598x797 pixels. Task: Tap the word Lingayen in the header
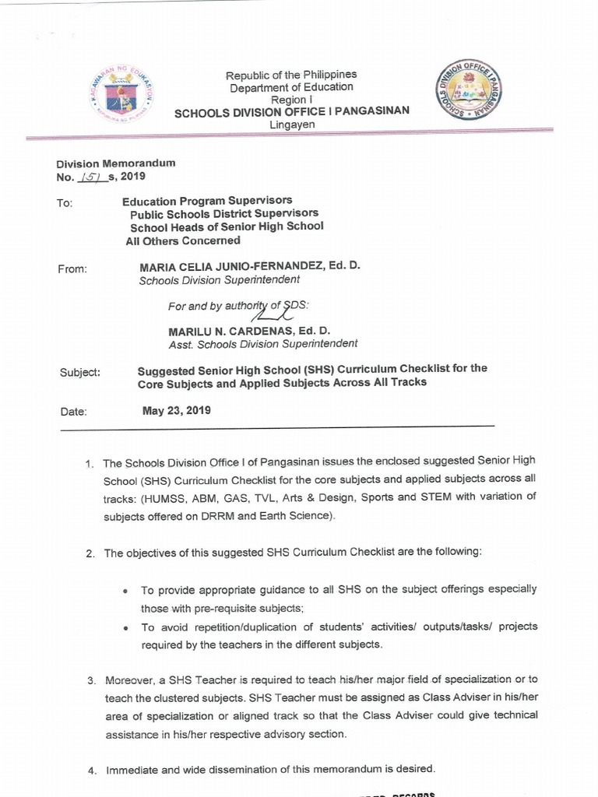tap(292, 125)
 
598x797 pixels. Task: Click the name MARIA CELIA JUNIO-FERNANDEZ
tap(238, 266)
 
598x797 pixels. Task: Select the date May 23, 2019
tap(176, 410)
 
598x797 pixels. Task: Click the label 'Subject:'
tap(80, 372)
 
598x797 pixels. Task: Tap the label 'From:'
tap(73, 269)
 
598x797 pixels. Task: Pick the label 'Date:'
tap(72, 412)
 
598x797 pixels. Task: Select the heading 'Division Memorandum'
tap(116, 163)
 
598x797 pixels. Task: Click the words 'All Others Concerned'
tap(183, 241)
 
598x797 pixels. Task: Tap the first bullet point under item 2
tap(125, 591)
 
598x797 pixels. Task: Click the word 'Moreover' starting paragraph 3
tap(128, 680)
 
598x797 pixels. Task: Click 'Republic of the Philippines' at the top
tap(290, 75)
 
